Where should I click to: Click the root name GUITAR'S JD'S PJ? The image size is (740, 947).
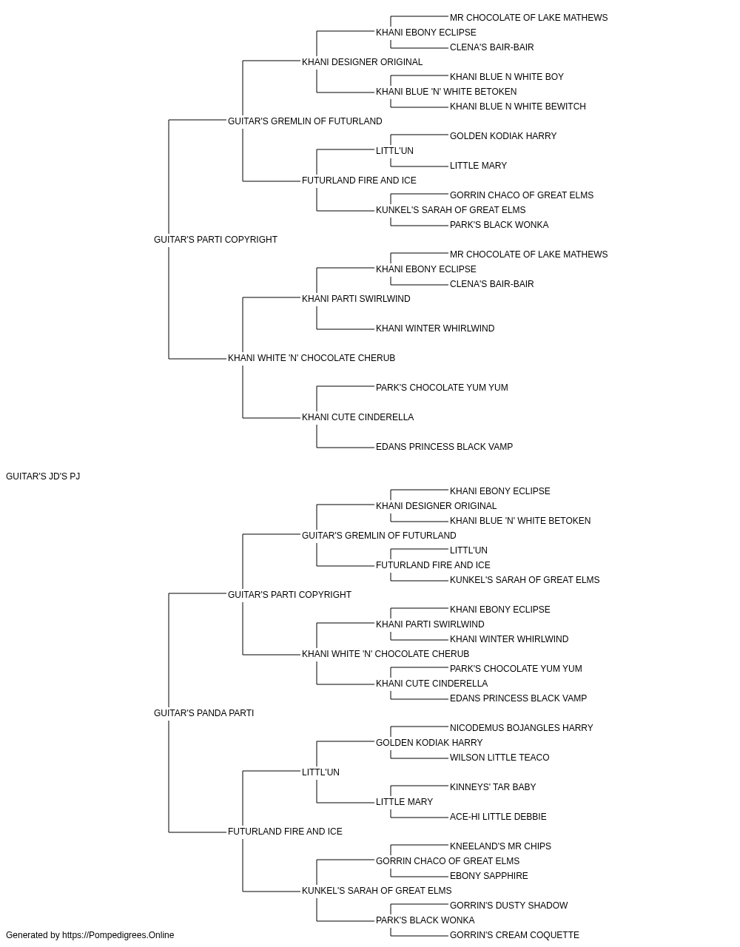click(43, 476)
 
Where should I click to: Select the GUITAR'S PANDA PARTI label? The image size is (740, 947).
click(203, 713)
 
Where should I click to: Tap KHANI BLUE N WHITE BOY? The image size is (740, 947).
click(506, 77)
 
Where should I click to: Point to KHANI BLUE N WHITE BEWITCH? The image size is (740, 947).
click(517, 107)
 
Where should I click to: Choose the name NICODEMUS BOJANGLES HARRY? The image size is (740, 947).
click(521, 728)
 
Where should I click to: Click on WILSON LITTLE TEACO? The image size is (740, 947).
click(499, 758)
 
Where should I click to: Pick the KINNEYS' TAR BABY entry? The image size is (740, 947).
click(492, 787)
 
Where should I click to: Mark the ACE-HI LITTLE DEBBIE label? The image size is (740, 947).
click(498, 817)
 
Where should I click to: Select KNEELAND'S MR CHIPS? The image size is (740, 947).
click(500, 846)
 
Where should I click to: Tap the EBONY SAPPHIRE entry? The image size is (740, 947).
click(488, 876)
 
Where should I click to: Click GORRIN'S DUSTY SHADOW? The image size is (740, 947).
click(508, 906)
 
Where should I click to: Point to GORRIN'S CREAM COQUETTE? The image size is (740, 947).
click(514, 935)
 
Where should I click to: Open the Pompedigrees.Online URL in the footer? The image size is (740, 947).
click(118, 935)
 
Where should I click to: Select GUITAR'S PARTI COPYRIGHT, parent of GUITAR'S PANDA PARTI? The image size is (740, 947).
click(289, 595)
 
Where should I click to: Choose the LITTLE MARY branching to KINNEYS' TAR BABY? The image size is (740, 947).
click(404, 802)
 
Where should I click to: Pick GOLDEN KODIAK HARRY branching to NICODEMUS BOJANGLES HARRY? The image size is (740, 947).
click(429, 743)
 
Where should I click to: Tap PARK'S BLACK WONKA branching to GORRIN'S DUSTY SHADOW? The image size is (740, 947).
click(425, 920)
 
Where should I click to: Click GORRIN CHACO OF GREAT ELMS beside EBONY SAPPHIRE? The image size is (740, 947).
click(448, 861)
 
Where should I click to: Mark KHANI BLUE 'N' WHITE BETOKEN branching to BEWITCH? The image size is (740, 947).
click(445, 92)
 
